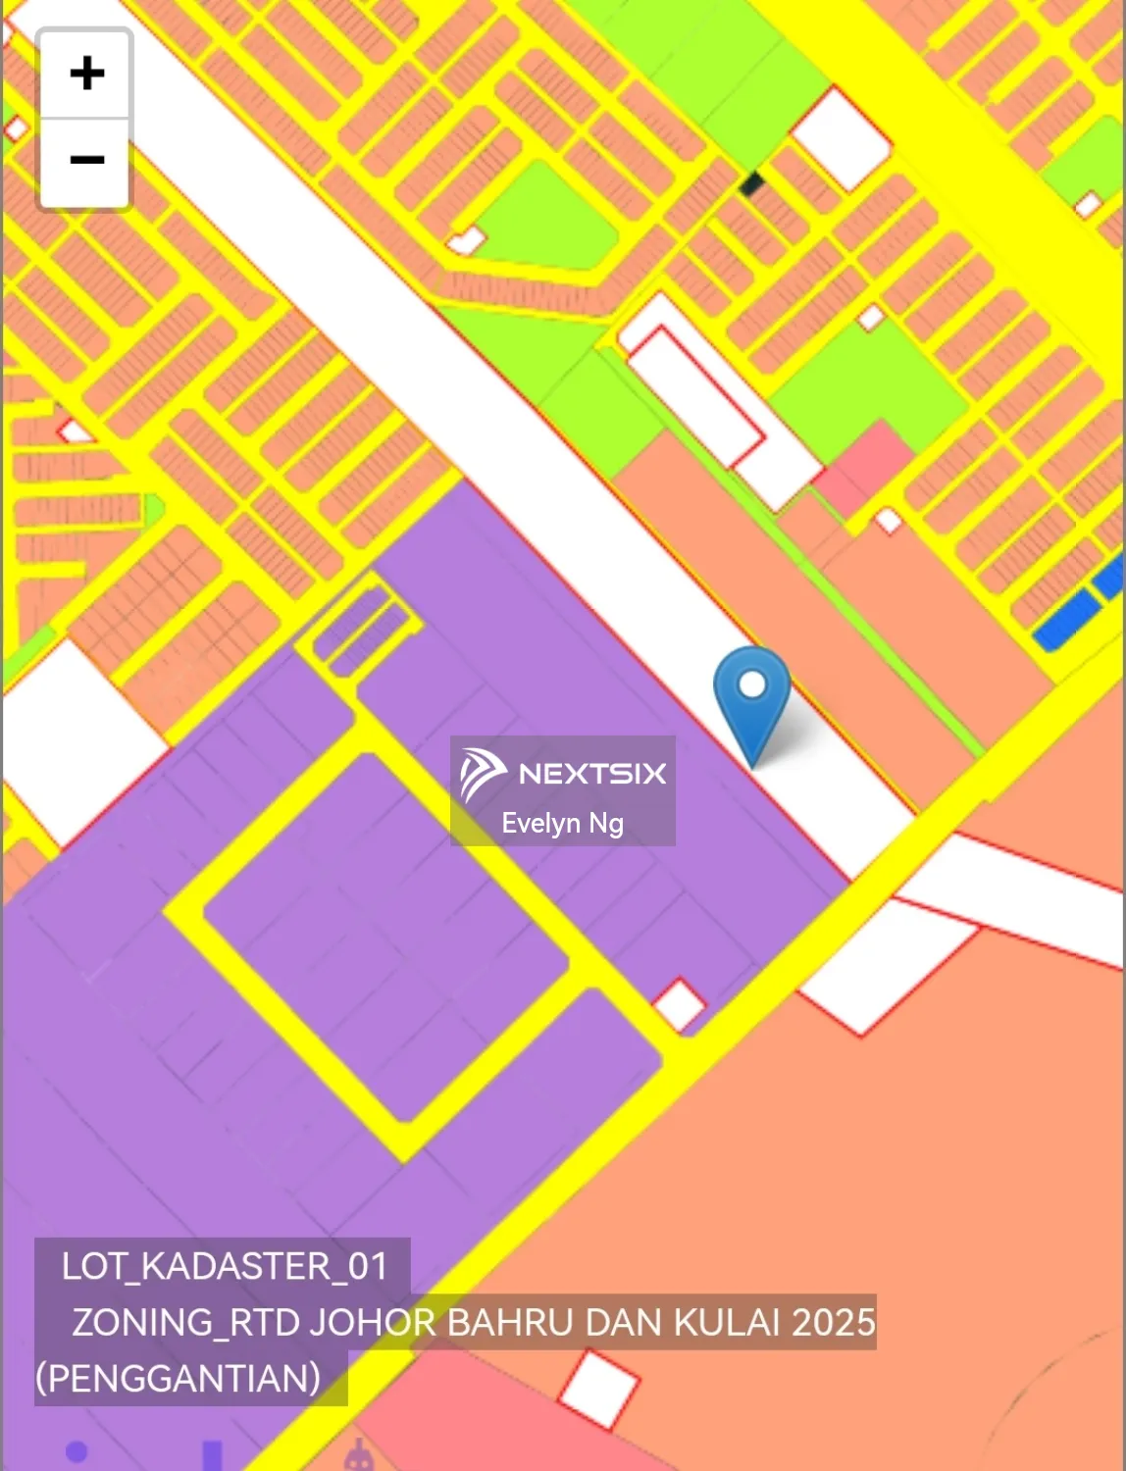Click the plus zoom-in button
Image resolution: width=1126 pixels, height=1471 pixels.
[86, 74]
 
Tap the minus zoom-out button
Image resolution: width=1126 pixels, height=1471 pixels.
[86, 160]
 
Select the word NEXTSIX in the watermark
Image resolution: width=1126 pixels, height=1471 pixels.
[592, 774]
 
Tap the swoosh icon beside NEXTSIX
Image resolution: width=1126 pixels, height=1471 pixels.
[483, 773]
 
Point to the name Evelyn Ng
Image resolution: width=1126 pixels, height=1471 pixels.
[562, 823]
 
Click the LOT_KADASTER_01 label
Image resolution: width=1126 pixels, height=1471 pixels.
[225, 1266]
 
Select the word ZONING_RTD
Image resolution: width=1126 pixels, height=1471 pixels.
[185, 1322]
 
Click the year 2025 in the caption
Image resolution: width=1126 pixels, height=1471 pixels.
[834, 1322]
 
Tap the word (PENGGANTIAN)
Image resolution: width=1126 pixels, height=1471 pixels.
[179, 1378]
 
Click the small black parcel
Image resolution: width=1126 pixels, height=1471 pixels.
[752, 183]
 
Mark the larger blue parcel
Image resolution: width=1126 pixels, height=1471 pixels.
[1067, 619]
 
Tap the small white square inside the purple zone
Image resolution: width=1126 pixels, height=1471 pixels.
[679, 1005]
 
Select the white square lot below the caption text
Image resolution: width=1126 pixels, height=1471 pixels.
[598, 1390]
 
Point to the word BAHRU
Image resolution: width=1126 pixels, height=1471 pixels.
[510, 1322]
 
